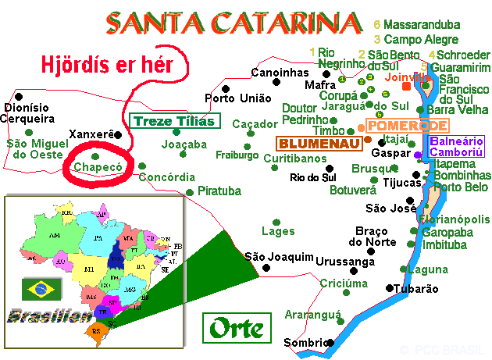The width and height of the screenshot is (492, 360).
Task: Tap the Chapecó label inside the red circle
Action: pyautogui.click(x=98, y=167)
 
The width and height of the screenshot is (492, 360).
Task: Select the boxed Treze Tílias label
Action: pyautogui.click(x=176, y=121)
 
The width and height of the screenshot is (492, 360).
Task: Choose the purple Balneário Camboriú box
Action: pyautogui.click(x=456, y=146)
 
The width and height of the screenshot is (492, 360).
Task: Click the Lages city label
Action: pyautogui.click(x=278, y=231)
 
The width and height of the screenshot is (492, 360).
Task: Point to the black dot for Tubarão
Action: pyautogui.click(x=390, y=287)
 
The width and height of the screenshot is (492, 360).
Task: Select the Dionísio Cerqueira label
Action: pyautogui.click(x=28, y=113)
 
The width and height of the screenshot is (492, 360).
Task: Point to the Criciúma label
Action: pyautogui.click(x=344, y=283)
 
